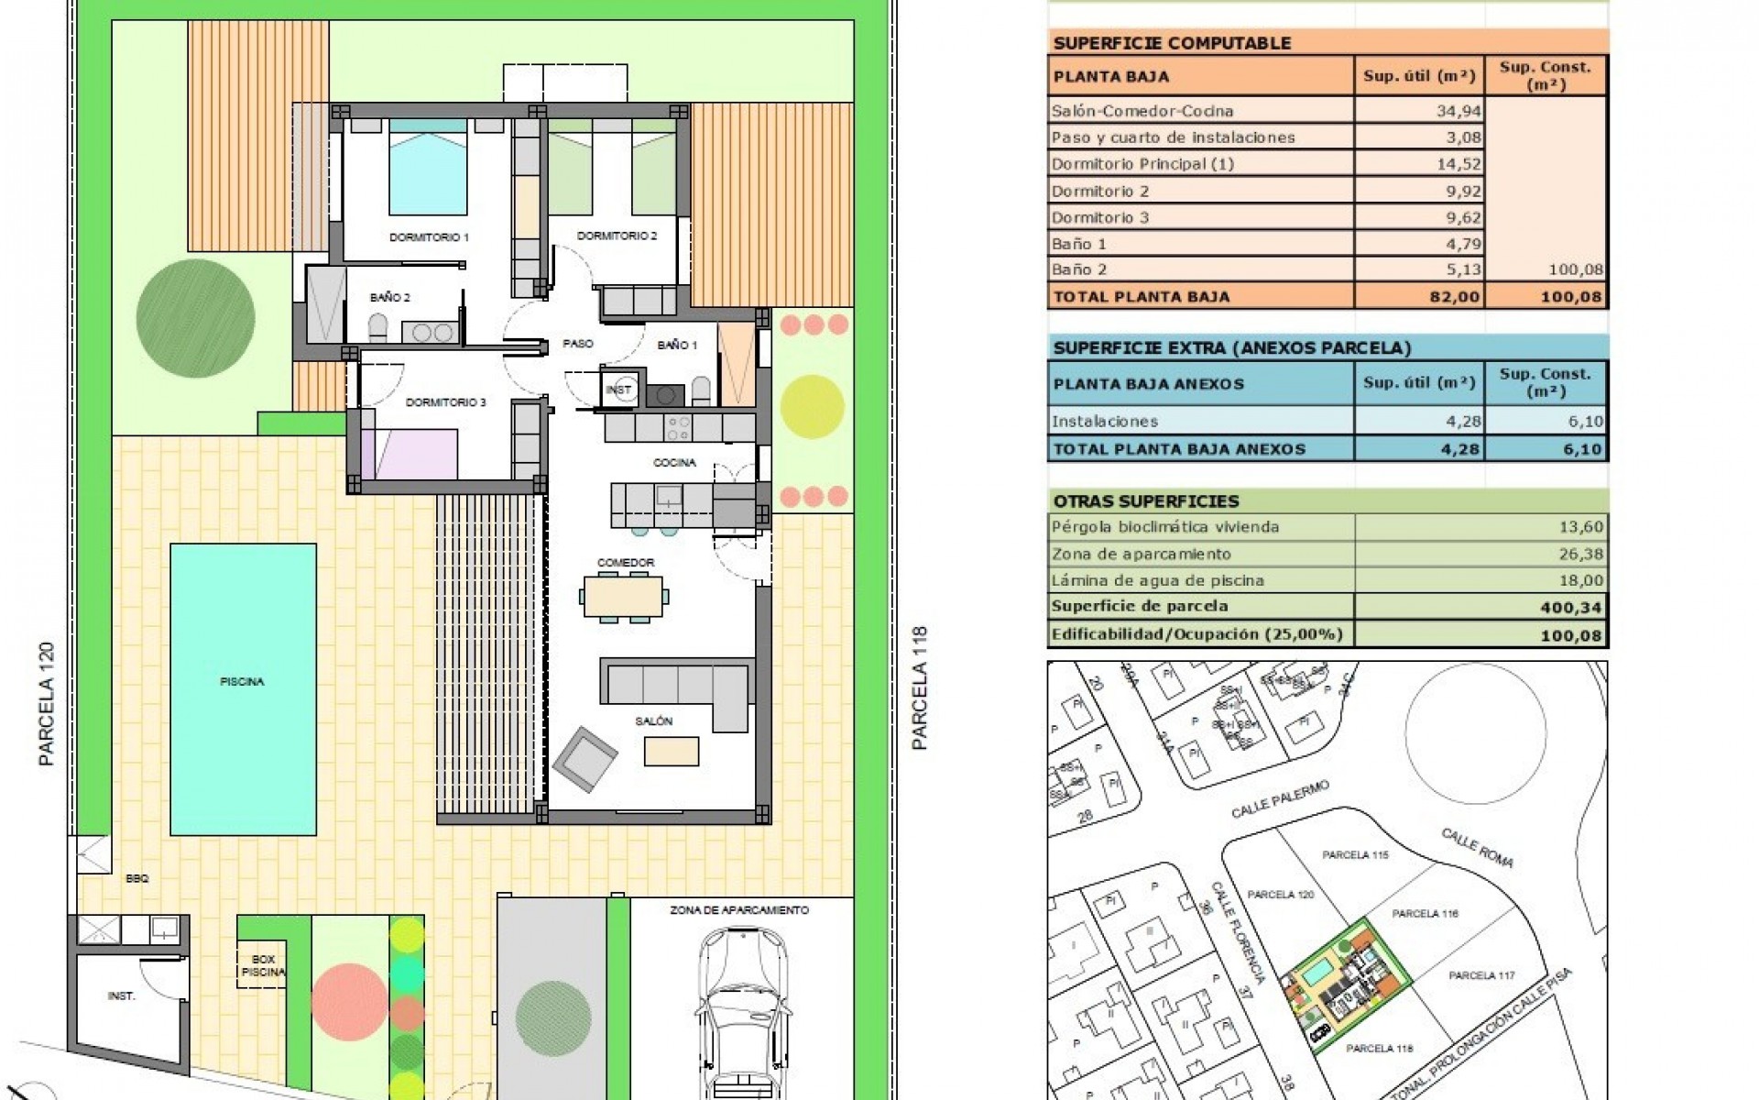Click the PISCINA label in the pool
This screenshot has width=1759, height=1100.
(x=242, y=682)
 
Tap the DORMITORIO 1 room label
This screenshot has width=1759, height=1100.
(x=429, y=237)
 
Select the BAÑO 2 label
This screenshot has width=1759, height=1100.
(x=390, y=298)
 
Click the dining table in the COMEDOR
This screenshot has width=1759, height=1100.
(x=624, y=597)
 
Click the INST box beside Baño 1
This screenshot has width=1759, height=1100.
(x=619, y=390)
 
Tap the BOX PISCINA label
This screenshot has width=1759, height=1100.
(x=264, y=966)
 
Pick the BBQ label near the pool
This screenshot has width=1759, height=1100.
(x=137, y=878)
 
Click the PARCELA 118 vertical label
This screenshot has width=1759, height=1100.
(x=920, y=687)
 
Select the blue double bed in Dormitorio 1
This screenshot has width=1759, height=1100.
(x=427, y=170)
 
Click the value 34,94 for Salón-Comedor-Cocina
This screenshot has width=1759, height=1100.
(x=1456, y=112)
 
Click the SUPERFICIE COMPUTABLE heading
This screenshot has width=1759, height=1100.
(x=1172, y=43)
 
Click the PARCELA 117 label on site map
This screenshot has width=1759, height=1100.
(x=1481, y=975)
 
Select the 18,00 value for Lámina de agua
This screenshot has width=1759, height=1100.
(x=1581, y=580)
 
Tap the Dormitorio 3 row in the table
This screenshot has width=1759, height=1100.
(x=1100, y=217)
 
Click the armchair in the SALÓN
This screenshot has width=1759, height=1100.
(x=585, y=759)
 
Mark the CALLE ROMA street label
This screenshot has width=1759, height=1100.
(x=1477, y=847)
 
